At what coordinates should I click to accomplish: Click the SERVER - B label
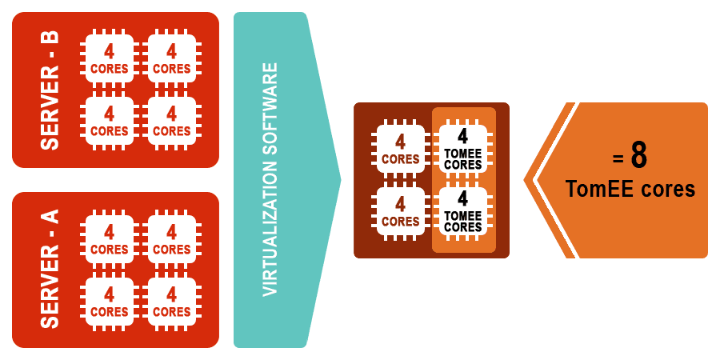[50, 90]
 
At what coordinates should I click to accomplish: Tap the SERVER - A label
[50, 270]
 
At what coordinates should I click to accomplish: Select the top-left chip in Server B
[109, 58]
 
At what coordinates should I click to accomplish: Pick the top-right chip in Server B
[171, 58]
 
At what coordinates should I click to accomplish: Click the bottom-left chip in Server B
[109, 121]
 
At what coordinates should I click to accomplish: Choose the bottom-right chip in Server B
[171, 121]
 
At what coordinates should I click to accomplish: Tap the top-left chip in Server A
[109, 239]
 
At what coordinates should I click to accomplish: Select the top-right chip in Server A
[171, 239]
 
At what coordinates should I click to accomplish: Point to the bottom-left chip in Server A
[109, 302]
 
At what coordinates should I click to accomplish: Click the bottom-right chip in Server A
[171, 302]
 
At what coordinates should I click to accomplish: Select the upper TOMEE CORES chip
[463, 149]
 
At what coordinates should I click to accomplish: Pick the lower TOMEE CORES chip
[463, 211]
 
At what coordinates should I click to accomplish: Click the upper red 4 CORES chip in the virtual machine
[401, 149]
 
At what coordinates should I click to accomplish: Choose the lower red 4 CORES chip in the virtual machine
[401, 211]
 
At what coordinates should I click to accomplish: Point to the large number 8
[638, 156]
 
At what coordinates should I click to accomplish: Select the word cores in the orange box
[669, 190]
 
